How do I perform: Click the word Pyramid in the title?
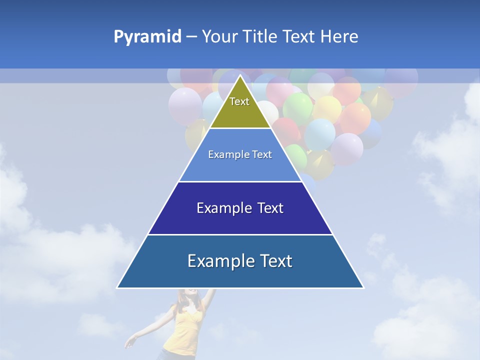tap(147, 37)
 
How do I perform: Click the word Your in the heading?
tap(219, 37)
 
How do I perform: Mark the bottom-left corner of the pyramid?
tap(117, 287)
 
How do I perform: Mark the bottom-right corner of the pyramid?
tap(363, 287)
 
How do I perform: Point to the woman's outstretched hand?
tap(131, 342)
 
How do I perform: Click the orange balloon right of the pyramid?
tap(356, 117)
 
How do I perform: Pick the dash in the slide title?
tap(191, 37)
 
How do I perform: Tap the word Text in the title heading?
tap(300, 37)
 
